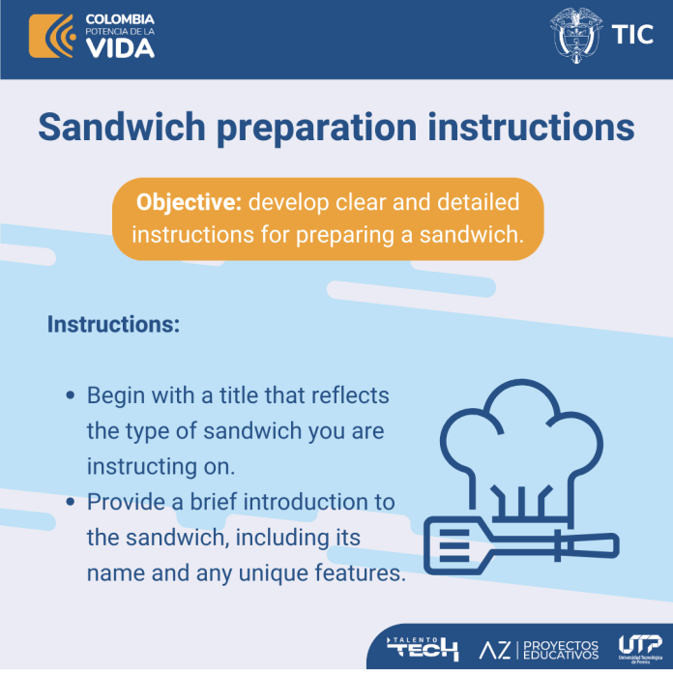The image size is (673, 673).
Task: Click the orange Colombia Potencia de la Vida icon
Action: click(x=52, y=36)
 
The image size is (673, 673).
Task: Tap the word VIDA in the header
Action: click(x=120, y=48)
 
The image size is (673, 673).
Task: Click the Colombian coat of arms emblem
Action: click(x=575, y=35)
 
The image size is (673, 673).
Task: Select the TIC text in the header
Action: click(x=632, y=35)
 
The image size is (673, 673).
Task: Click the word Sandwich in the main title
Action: click(x=122, y=127)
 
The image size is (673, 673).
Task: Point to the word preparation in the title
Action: click(x=317, y=129)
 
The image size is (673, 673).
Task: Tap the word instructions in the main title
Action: click(x=531, y=127)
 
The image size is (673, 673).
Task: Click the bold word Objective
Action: click(x=189, y=202)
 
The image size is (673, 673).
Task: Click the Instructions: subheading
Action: click(x=113, y=324)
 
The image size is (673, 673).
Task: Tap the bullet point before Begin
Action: click(x=71, y=395)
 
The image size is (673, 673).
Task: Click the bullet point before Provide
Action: click(x=71, y=501)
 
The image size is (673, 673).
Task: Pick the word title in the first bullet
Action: click(x=238, y=395)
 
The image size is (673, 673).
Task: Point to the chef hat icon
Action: click(x=520, y=452)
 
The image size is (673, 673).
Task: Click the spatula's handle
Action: click(x=588, y=546)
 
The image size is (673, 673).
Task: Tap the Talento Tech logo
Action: click(x=422, y=648)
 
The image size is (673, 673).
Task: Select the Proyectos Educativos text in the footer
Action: click(x=561, y=650)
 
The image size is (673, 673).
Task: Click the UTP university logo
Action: click(x=640, y=649)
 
